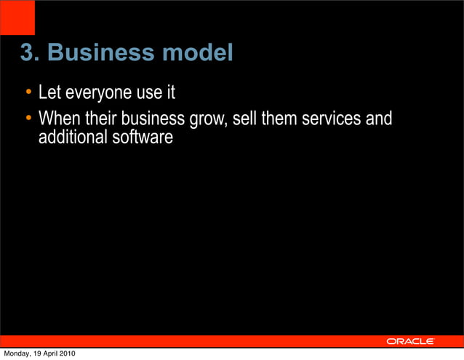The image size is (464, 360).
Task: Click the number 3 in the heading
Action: [25, 53]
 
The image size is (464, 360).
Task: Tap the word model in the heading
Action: [197, 53]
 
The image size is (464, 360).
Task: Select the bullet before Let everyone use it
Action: [28, 94]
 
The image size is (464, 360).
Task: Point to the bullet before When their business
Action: [28, 118]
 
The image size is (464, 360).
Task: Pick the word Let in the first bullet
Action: [49, 94]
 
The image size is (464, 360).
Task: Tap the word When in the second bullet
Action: [57, 118]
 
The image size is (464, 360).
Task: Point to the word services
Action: [332, 118]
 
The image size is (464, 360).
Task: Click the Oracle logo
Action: [410, 341]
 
